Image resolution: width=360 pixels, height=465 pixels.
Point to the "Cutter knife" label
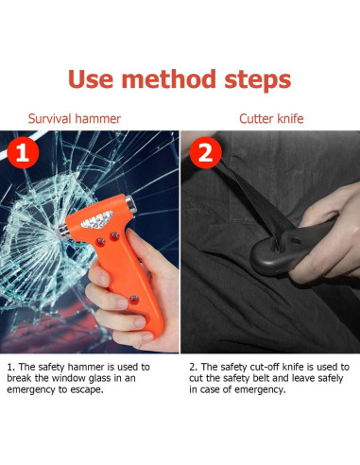(270, 120)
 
